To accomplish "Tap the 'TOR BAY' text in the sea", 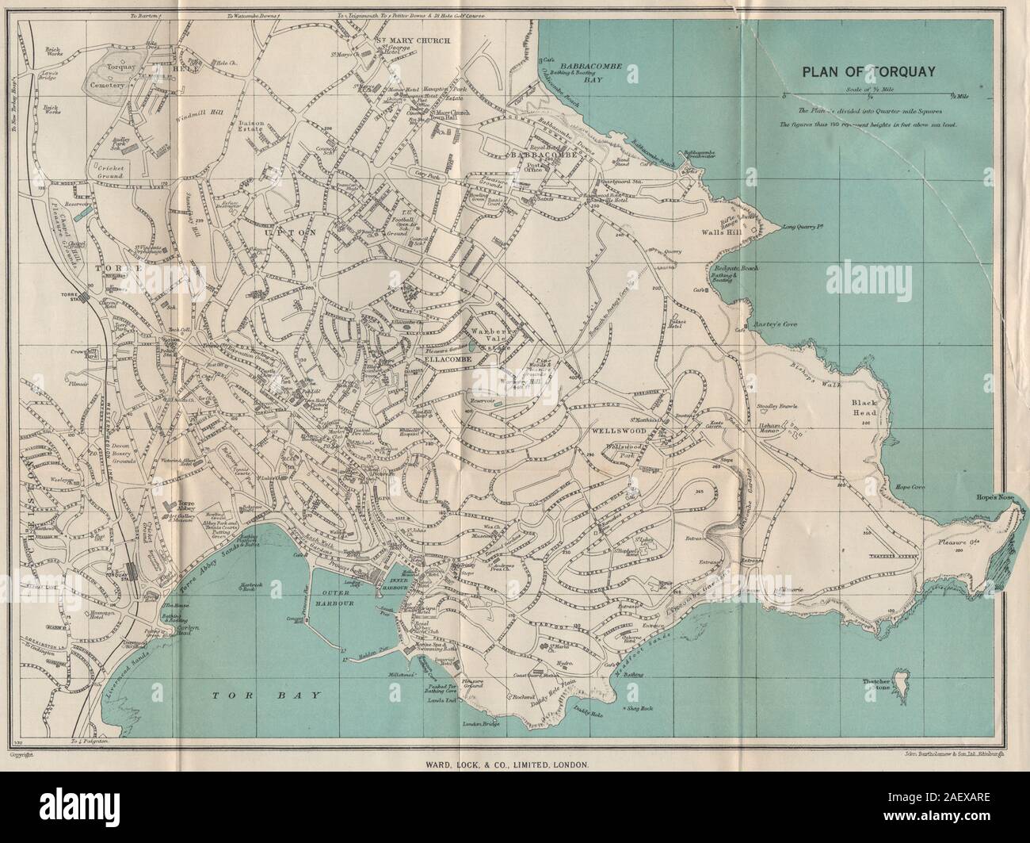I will [x=269, y=695].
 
